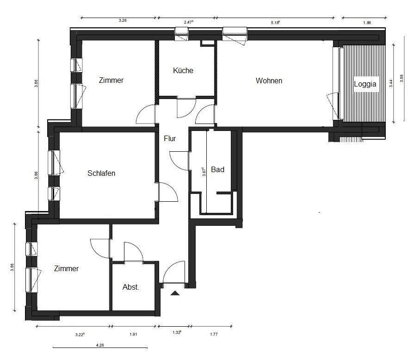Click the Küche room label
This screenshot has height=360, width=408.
[183, 70]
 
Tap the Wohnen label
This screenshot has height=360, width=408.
[269, 81]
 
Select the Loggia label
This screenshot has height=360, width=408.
[365, 84]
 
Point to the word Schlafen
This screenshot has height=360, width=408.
[101, 173]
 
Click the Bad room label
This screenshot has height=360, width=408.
[217, 169]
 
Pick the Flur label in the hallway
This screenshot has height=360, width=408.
[170, 138]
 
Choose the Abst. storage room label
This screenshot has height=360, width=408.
[130, 287]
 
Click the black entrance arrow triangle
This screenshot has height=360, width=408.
[175, 293]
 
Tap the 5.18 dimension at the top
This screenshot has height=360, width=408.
[275, 23]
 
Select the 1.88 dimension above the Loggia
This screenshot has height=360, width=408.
[367, 23]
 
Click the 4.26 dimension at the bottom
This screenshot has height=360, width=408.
[100, 345]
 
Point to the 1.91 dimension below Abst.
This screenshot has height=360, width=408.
[133, 334]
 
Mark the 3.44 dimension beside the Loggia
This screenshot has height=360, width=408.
[391, 83]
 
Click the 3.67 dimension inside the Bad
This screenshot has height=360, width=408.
[204, 172]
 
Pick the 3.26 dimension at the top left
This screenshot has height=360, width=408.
[123, 20]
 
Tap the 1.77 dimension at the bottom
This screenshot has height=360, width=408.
[214, 334]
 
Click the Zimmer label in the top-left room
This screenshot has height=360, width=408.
[111, 80]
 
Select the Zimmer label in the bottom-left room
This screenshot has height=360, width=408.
[66, 268]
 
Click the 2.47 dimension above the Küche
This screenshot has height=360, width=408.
[189, 22]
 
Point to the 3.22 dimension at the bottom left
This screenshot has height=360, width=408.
[80, 335]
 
